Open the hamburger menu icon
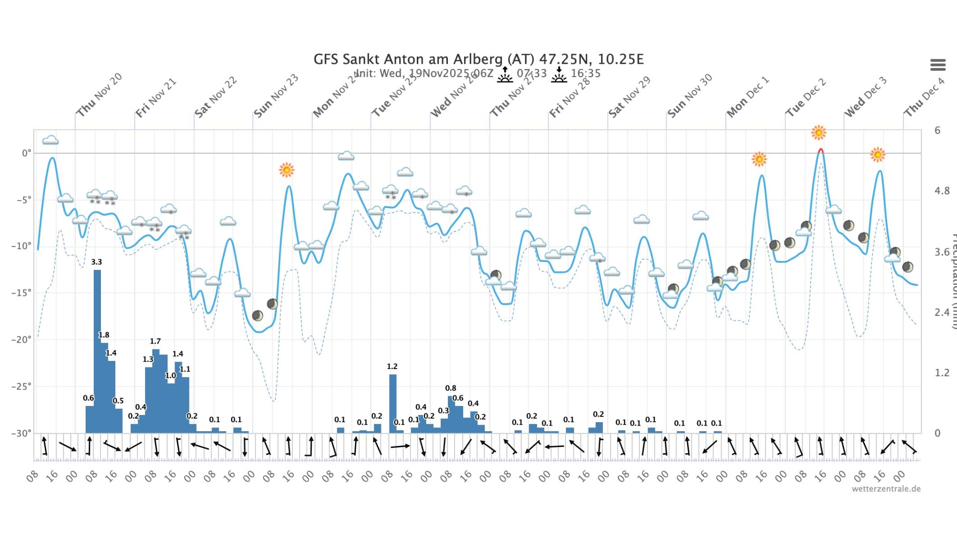938,65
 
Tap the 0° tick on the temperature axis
26,153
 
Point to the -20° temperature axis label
22,339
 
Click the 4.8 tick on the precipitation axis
942,191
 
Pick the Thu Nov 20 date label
100,95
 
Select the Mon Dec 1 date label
747,97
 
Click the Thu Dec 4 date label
924,97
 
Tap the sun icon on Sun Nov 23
287,170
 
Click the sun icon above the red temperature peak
819,133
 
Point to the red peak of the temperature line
821,150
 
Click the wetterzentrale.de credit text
886,489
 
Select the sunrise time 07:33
531,73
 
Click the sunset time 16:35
585,73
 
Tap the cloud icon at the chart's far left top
50,140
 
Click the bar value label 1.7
155,341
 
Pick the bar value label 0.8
450,388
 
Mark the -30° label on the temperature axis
22,433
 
